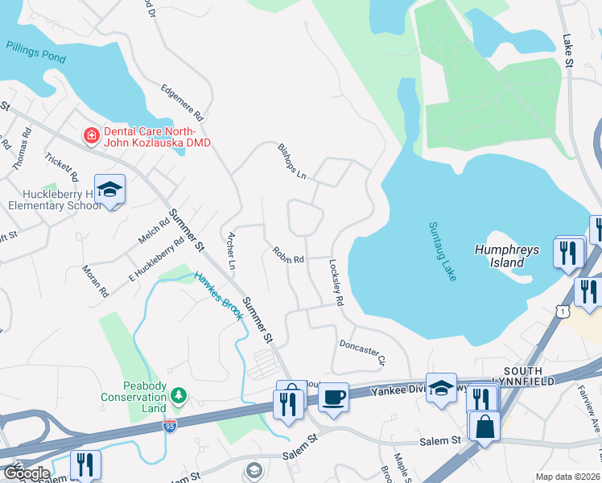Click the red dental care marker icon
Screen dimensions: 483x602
point(92,135)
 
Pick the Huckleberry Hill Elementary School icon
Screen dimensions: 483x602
point(109,189)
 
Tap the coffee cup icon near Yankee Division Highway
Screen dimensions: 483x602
point(333,396)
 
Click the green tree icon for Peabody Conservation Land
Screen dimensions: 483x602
point(179,395)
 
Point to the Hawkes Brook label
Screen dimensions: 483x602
point(219,295)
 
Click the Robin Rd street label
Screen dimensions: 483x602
point(288,256)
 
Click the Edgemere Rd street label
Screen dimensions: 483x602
point(183,102)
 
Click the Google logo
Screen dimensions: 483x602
point(26,473)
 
